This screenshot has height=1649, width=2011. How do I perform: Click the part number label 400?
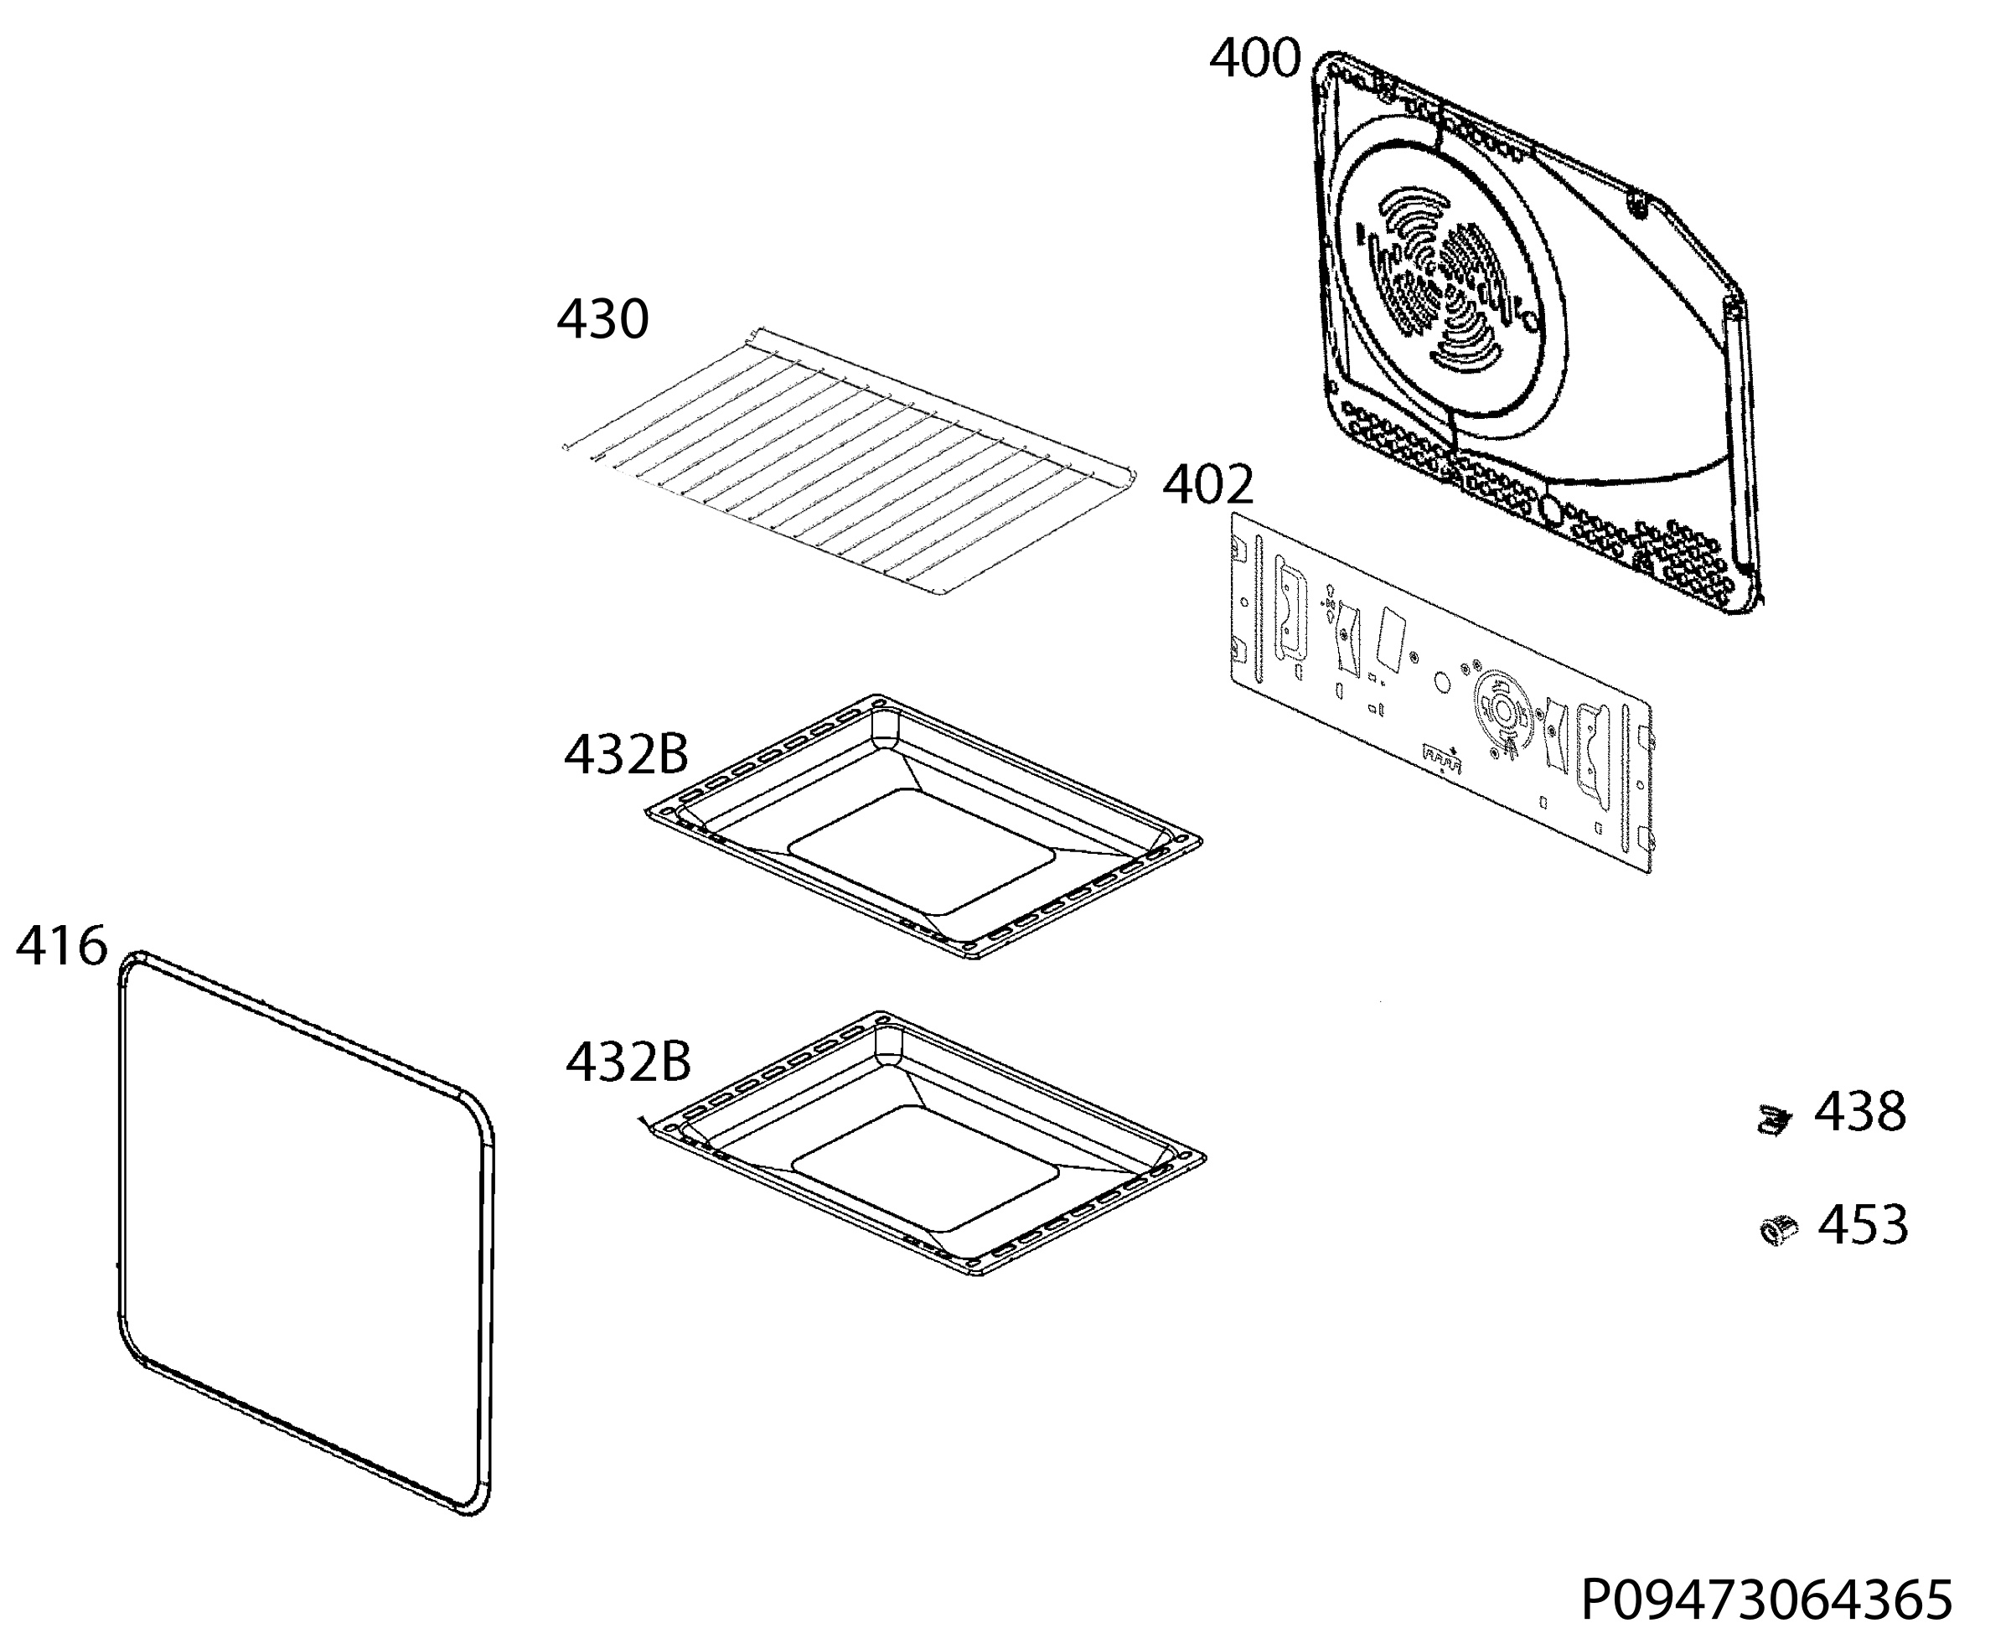click(x=1254, y=59)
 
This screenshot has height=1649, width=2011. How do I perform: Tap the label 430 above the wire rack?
click(x=603, y=319)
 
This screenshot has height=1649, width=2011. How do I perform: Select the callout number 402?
click(x=1208, y=485)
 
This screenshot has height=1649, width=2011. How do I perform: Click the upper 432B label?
click(x=626, y=754)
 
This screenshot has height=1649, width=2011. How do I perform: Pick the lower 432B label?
click(x=628, y=1061)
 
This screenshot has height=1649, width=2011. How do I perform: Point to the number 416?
click(x=62, y=946)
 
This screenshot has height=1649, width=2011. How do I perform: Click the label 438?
click(x=1859, y=1111)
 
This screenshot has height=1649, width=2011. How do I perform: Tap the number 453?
click(x=1863, y=1224)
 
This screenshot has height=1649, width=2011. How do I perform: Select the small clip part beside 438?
click(x=1772, y=1120)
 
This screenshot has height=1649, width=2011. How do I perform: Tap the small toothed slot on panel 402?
click(x=1442, y=757)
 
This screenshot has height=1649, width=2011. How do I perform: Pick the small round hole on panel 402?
click(x=1441, y=682)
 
